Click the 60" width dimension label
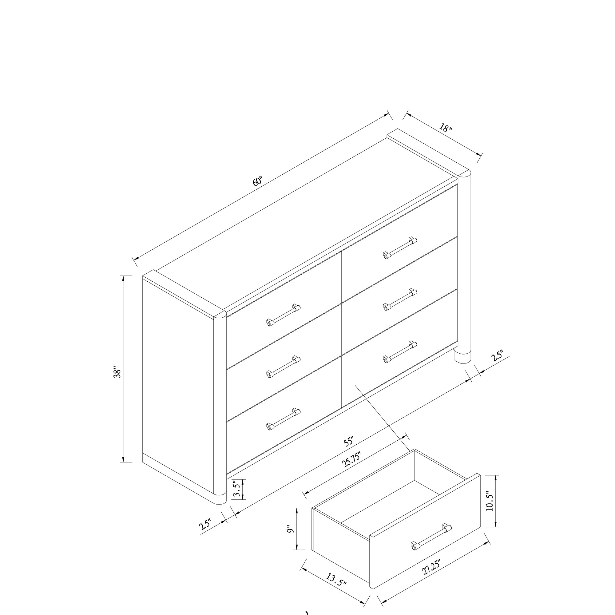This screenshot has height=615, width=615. tap(257, 181)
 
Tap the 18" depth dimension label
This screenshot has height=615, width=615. tap(446, 128)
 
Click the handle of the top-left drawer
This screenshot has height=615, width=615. tap(283, 315)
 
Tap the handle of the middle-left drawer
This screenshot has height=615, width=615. tap(283, 367)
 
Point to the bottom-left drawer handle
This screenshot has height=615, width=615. tap(283, 419)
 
